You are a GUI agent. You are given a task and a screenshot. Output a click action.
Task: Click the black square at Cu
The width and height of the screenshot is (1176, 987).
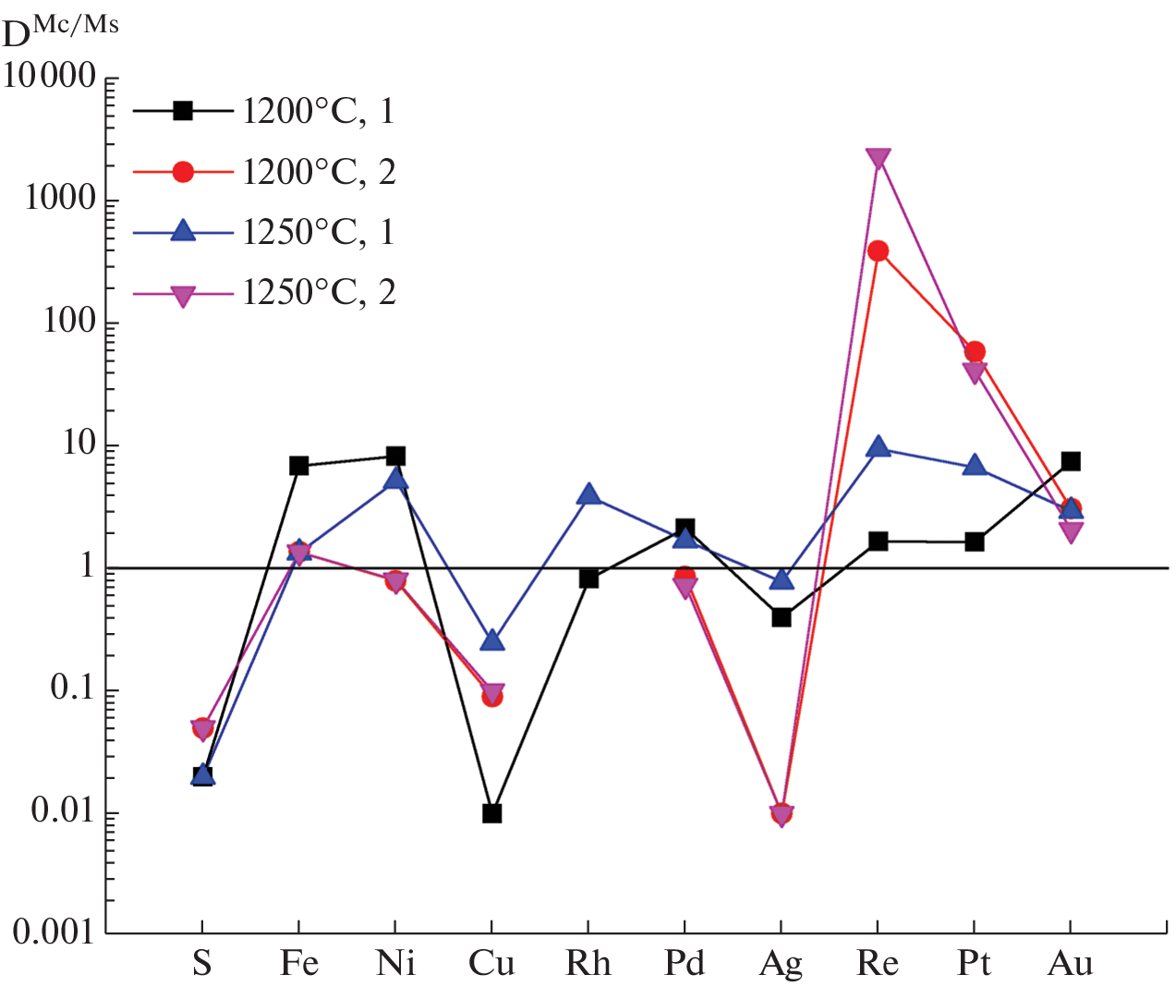(x=491, y=813)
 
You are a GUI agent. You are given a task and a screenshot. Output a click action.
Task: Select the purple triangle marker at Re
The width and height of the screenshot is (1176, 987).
(x=878, y=159)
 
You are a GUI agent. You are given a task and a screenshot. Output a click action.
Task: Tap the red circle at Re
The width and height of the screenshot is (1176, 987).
(x=878, y=250)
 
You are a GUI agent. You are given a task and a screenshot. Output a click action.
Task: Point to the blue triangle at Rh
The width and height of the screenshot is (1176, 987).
(x=588, y=495)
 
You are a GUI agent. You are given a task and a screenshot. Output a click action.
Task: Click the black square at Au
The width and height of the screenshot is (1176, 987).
(x=1071, y=460)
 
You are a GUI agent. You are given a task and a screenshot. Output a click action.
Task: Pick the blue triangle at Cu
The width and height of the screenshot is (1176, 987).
(x=491, y=640)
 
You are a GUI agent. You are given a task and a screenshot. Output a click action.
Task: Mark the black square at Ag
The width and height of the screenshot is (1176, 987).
(x=782, y=616)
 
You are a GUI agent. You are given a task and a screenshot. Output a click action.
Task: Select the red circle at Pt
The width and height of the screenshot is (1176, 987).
(x=975, y=351)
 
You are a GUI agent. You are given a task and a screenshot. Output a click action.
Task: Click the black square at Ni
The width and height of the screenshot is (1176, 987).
(x=395, y=456)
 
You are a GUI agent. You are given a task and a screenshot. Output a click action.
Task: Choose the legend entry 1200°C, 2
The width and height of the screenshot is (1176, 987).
(x=319, y=172)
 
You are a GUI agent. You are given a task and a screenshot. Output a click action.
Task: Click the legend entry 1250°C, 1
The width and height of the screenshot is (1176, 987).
(x=319, y=232)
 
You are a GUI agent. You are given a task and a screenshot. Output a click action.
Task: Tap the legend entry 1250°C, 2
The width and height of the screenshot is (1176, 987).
(x=319, y=293)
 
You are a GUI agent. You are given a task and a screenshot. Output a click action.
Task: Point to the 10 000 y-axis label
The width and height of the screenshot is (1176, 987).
(x=50, y=77)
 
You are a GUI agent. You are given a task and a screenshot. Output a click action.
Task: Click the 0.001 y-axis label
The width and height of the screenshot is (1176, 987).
(x=54, y=932)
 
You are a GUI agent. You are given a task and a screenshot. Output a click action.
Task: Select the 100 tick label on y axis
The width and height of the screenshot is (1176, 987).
(x=69, y=322)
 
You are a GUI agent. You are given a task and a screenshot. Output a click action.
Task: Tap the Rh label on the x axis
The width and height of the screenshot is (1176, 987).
(x=588, y=964)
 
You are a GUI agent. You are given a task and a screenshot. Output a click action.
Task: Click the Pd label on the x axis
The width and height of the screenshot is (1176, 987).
(x=685, y=964)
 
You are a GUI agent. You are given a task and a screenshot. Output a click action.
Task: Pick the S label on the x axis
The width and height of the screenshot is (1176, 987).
(x=202, y=964)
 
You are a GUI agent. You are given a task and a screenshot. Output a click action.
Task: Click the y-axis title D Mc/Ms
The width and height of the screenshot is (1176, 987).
(x=61, y=31)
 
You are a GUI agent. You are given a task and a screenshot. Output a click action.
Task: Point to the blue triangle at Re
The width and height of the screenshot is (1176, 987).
(x=878, y=448)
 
